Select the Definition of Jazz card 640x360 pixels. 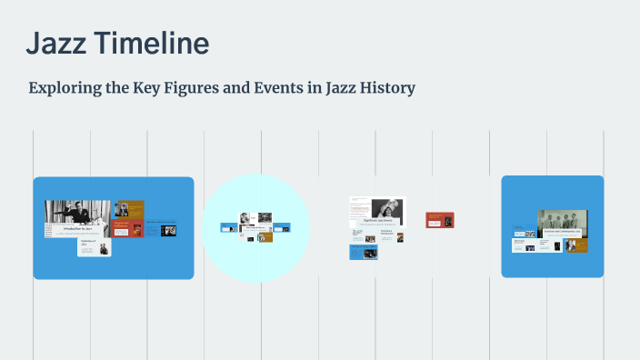tap(95, 247)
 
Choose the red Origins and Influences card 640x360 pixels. tap(127, 228)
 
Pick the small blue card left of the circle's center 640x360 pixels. tap(229, 227)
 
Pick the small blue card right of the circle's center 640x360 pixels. tap(282, 227)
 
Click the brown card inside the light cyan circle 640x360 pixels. tap(265, 237)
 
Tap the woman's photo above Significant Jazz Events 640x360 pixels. tap(385, 207)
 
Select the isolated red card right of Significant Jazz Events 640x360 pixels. tap(440, 220)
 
